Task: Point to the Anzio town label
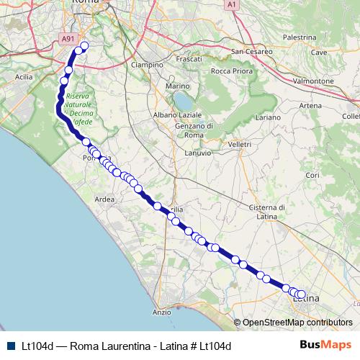[162, 312]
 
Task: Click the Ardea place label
[104, 199]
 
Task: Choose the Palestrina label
[300, 37]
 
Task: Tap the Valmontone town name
[313, 81]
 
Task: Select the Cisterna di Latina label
[267, 212]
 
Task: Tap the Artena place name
[310, 106]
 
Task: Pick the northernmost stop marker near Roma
[84, 46]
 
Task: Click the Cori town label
[312, 175]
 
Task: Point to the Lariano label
[267, 117]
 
